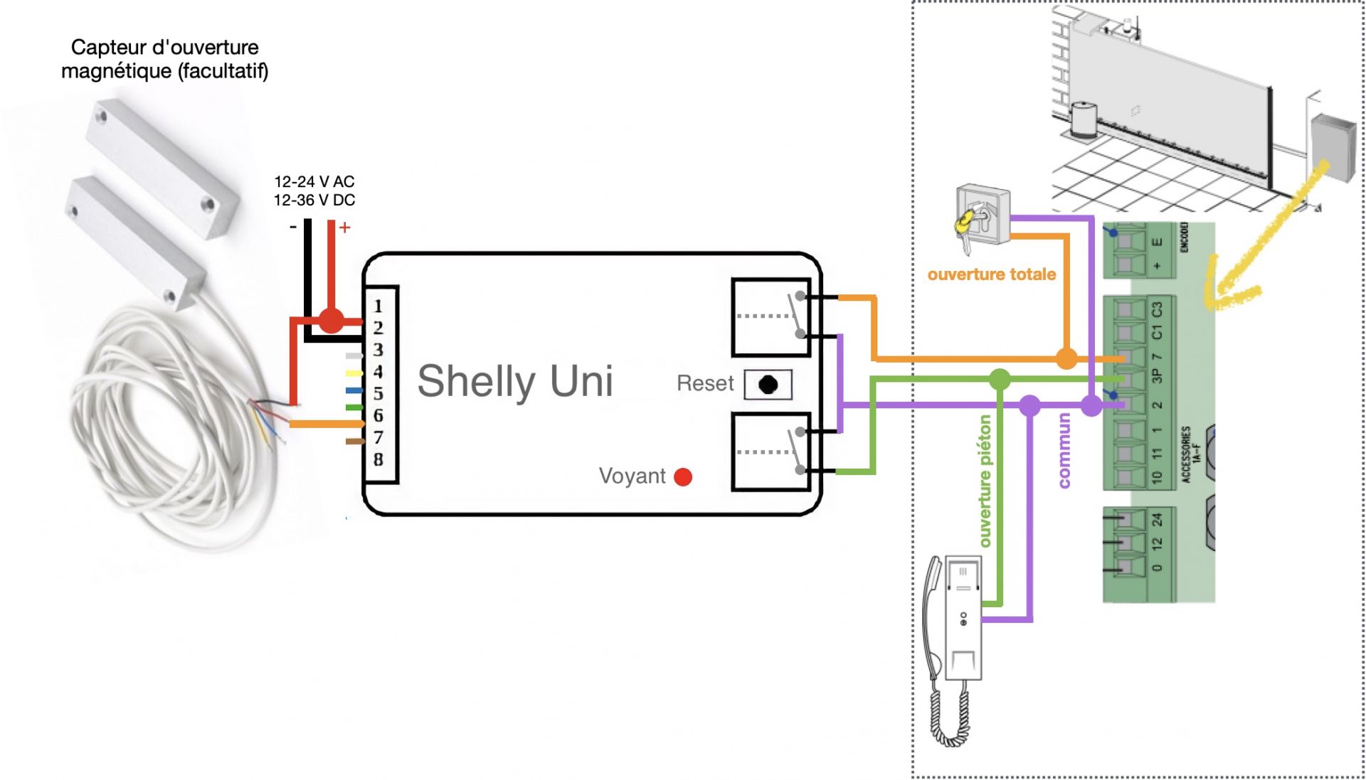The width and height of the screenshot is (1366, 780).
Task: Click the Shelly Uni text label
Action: click(x=514, y=381)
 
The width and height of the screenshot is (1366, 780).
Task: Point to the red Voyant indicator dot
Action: click(x=683, y=476)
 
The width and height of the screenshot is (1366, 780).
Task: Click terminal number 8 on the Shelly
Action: click(x=378, y=459)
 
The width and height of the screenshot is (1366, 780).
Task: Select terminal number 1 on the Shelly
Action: click(x=378, y=306)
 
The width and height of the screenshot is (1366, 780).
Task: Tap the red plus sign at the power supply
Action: click(x=345, y=228)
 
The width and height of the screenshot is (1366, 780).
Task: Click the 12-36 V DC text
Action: click(x=314, y=201)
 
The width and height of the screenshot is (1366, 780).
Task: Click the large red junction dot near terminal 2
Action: click(x=331, y=321)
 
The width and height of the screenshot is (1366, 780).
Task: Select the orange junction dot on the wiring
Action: click(x=1066, y=358)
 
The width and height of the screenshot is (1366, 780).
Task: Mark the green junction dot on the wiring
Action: click(x=1000, y=379)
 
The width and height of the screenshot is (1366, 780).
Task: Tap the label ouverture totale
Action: click(x=991, y=274)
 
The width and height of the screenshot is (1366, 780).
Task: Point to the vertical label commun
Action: click(x=1064, y=451)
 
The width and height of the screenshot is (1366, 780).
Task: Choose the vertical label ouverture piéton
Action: click(x=985, y=481)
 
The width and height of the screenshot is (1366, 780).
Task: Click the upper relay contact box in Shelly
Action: click(x=771, y=317)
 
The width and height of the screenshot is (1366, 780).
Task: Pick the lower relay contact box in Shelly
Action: click(x=771, y=452)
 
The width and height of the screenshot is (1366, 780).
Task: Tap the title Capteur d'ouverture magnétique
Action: click(x=165, y=59)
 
